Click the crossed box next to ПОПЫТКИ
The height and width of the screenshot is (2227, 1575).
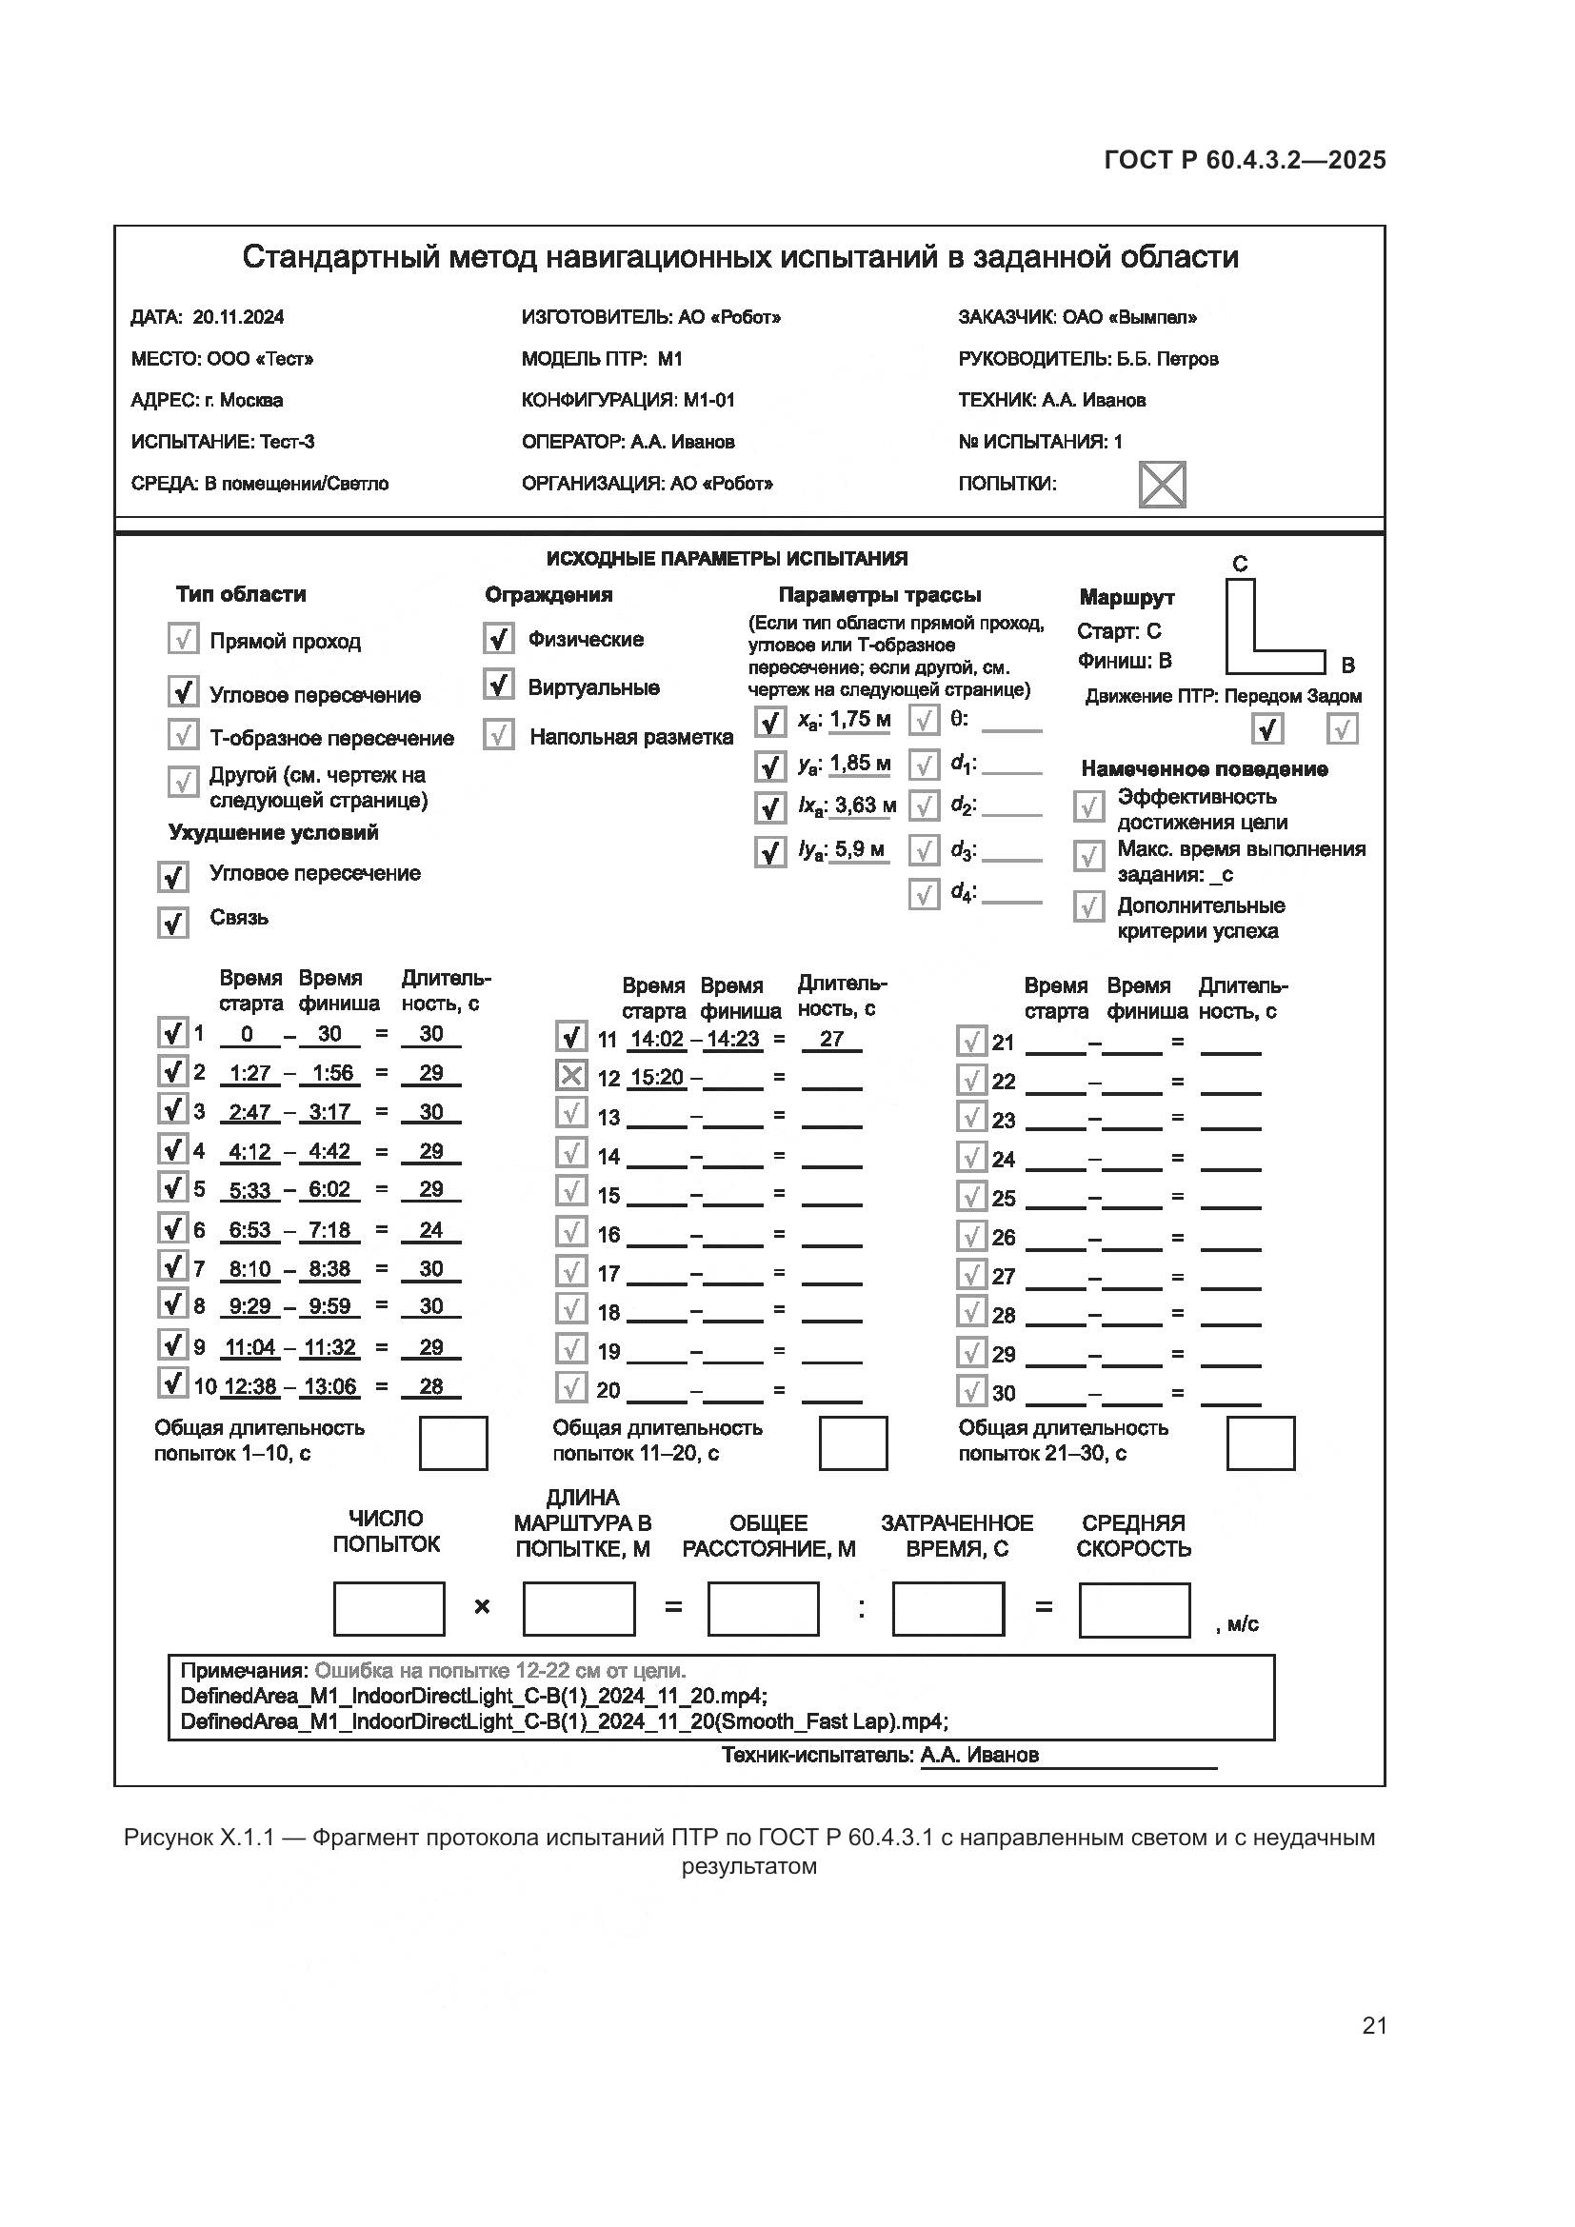[x=1161, y=484]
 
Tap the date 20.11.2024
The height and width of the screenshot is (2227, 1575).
[x=238, y=317]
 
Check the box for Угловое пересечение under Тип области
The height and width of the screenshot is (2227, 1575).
[x=183, y=691]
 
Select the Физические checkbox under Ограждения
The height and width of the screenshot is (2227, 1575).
[x=498, y=638]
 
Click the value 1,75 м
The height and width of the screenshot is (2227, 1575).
[x=859, y=719]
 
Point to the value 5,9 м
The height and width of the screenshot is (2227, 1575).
[x=859, y=849]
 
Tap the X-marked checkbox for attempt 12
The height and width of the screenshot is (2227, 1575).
[x=571, y=1076]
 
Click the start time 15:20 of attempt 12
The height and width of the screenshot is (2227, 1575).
[x=657, y=1078]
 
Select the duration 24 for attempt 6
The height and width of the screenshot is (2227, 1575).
[x=430, y=1230]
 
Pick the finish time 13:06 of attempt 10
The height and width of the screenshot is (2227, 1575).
[x=329, y=1386]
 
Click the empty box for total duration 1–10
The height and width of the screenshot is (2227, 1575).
[x=453, y=1443]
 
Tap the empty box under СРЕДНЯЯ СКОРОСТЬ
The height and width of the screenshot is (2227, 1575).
[x=1134, y=1610]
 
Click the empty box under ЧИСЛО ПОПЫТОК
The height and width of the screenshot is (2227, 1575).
[x=389, y=1609]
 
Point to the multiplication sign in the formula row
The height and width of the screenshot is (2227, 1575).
[x=482, y=1607]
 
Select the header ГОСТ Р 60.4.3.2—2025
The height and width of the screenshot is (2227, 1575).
[x=1245, y=160]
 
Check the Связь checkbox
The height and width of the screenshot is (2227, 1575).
[x=172, y=922]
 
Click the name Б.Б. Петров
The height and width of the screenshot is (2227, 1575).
[x=1166, y=359]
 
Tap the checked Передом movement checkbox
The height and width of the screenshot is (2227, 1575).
[x=1266, y=728]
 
